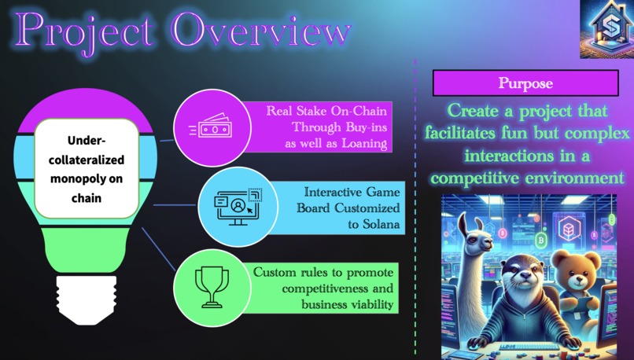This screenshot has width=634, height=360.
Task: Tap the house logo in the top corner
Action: tap(606, 29)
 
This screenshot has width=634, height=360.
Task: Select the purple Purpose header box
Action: tap(525, 83)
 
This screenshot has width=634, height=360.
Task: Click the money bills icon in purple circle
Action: tap(210, 128)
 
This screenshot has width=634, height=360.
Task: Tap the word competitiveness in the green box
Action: tap(330, 288)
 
